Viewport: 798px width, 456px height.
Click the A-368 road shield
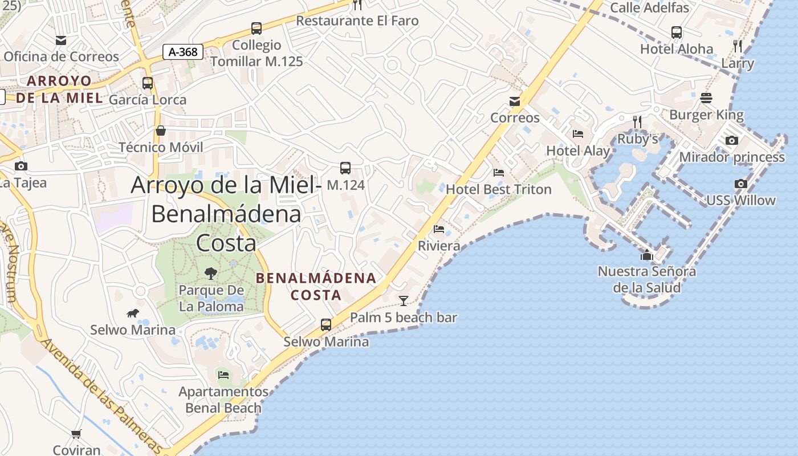(x=183, y=52)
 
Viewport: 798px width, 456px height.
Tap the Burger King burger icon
(x=706, y=98)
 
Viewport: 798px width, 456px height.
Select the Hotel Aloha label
(x=677, y=49)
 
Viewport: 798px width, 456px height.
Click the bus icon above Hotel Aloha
(x=677, y=32)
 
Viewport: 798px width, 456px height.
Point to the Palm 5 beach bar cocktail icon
(x=404, y=300)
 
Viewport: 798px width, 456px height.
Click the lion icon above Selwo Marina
(x=133, y=313)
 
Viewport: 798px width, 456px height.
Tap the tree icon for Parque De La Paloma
(x=211, y=274)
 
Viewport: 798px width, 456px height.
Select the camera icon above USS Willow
(x=741, y=184)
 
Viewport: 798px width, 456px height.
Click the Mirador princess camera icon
(x=732, y=140)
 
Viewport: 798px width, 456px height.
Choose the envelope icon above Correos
(x=515, y=101)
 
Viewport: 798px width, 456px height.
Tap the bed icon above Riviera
(x=439, y=229)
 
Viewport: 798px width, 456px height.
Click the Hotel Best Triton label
(x=499, y=189)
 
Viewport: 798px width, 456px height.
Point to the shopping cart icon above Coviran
(x=76, y=434)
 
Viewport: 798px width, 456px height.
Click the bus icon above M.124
(x=345, y=168)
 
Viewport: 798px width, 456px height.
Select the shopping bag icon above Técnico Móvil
(x=161, y=131)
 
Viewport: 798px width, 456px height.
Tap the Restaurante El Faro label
(x=357, y=21)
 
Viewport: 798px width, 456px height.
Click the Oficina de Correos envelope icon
(x=61, y=40)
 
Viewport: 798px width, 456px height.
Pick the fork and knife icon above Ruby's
(x=637, y=121)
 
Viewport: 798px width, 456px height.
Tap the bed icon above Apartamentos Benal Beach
(x=223, y=374)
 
